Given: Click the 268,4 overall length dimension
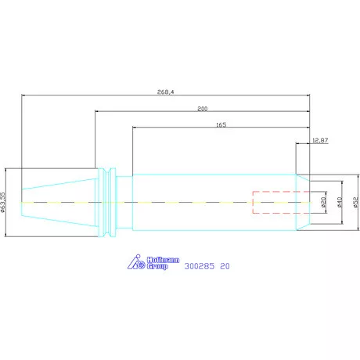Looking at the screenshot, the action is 165,92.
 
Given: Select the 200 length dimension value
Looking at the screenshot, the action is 203,109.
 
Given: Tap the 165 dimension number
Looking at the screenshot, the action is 221,124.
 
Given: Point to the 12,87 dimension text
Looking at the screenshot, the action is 320,140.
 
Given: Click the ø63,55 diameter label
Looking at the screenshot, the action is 3,202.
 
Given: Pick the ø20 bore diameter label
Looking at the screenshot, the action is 323,202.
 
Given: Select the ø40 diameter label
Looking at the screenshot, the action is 339,202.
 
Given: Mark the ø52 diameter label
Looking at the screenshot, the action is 356,202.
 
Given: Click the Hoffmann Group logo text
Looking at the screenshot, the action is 163,263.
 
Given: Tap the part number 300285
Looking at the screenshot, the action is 200,266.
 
